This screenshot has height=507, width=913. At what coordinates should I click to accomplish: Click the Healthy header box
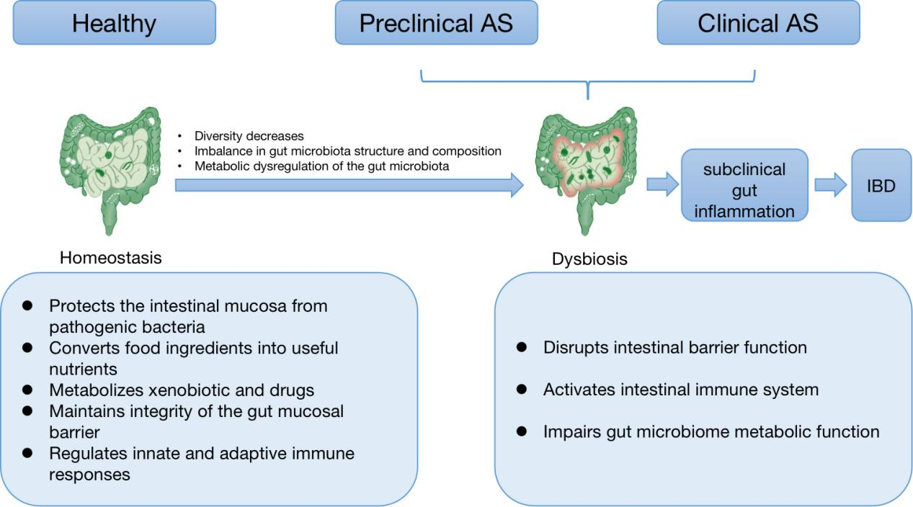click(114, 23)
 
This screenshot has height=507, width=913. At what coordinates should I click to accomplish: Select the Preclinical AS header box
click(436, 23)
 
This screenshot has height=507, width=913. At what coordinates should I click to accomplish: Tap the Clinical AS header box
click(757, 23)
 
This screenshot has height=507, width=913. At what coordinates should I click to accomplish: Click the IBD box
click(881, 186)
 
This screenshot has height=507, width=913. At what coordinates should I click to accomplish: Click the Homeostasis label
click(110, 257)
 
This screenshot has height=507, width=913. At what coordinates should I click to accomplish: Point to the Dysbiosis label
click(589, 259)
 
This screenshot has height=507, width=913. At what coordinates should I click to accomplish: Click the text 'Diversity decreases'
click(249, 136)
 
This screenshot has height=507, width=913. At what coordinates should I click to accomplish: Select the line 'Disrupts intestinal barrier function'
click(674, 348)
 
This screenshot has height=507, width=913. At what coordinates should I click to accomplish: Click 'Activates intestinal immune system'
click(680, 390)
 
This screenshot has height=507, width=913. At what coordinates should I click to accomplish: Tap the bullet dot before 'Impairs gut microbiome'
click(522, 431)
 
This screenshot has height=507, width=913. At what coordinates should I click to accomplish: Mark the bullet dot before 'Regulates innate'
click(28, 453)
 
